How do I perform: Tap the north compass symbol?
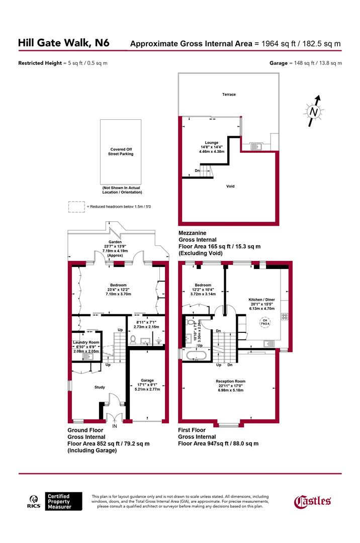pos(313,112)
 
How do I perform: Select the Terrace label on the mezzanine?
pos(229,95)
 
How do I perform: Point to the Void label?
pos(230,187)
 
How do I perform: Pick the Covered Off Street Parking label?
pos(121,152)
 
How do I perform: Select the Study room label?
pos(100,387)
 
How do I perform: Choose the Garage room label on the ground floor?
pos(147,381)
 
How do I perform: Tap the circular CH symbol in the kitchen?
pos(263,322)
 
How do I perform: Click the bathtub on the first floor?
pos(196,356)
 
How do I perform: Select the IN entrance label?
pos(115,426)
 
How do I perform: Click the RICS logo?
pos(34,502)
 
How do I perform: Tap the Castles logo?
pos(312,501)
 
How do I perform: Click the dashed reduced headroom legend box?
pos(76,206)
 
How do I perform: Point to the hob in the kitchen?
pos(284,316)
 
